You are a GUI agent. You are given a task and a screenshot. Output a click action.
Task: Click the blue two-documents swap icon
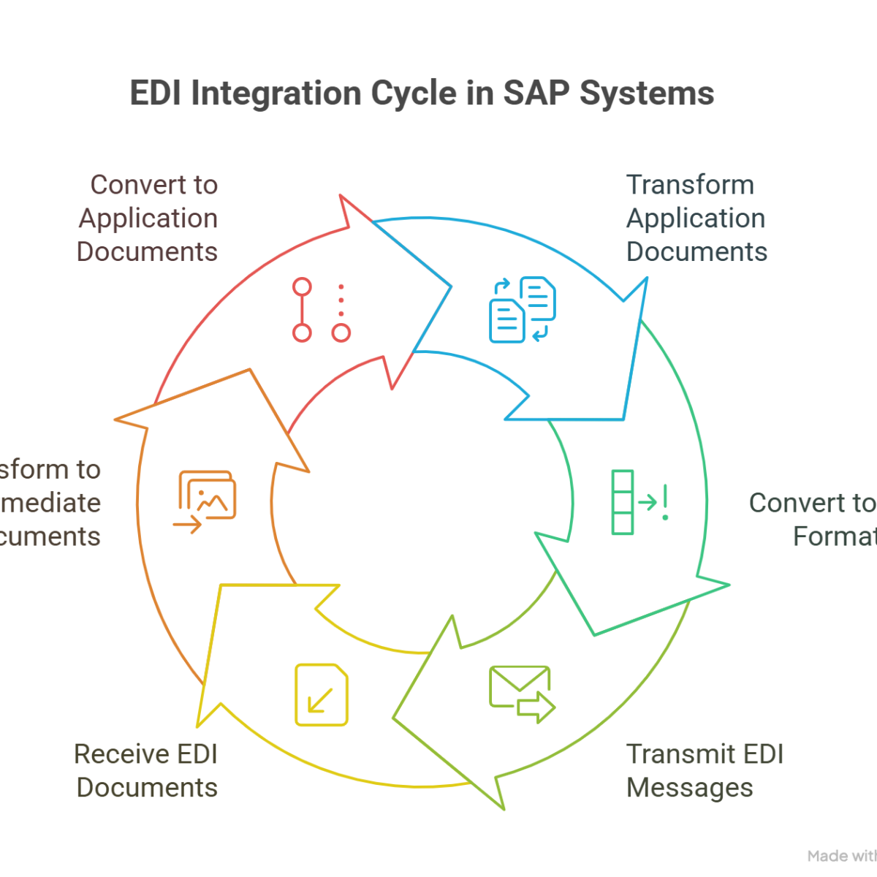pos(522,308)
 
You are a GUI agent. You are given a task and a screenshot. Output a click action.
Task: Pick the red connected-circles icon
pos(322,309)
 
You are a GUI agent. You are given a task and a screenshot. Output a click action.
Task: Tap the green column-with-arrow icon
pos(639,502)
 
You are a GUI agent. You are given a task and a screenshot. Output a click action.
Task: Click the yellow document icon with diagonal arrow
pos(322,694)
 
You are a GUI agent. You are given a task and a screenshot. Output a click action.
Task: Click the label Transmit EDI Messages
pos(705,771)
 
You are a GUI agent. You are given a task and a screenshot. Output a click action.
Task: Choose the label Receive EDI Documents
pos(146,771)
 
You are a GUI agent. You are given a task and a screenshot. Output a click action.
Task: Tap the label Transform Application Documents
pos(696,218)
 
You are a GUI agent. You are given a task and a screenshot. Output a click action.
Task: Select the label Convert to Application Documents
pos(147,218)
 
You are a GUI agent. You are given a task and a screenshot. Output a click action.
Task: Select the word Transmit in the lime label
pos(673,754)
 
